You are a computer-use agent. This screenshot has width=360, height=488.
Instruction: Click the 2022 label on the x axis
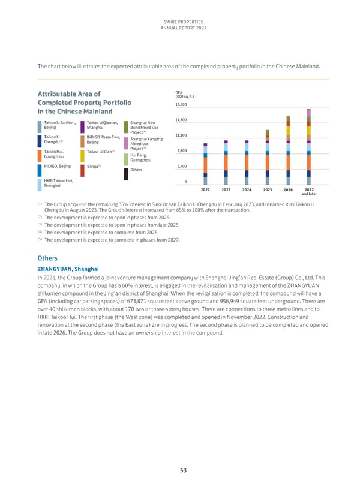click(x=205, y=189)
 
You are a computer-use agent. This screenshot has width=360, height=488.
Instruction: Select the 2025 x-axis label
click(x=267, y=189)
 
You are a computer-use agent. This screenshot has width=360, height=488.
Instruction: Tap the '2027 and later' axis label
click(x=308, y=192)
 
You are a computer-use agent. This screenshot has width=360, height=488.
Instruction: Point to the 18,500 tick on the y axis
click(x=181, y=104)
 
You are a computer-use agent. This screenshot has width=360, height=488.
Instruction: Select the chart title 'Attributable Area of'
click(x=69, y=94)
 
